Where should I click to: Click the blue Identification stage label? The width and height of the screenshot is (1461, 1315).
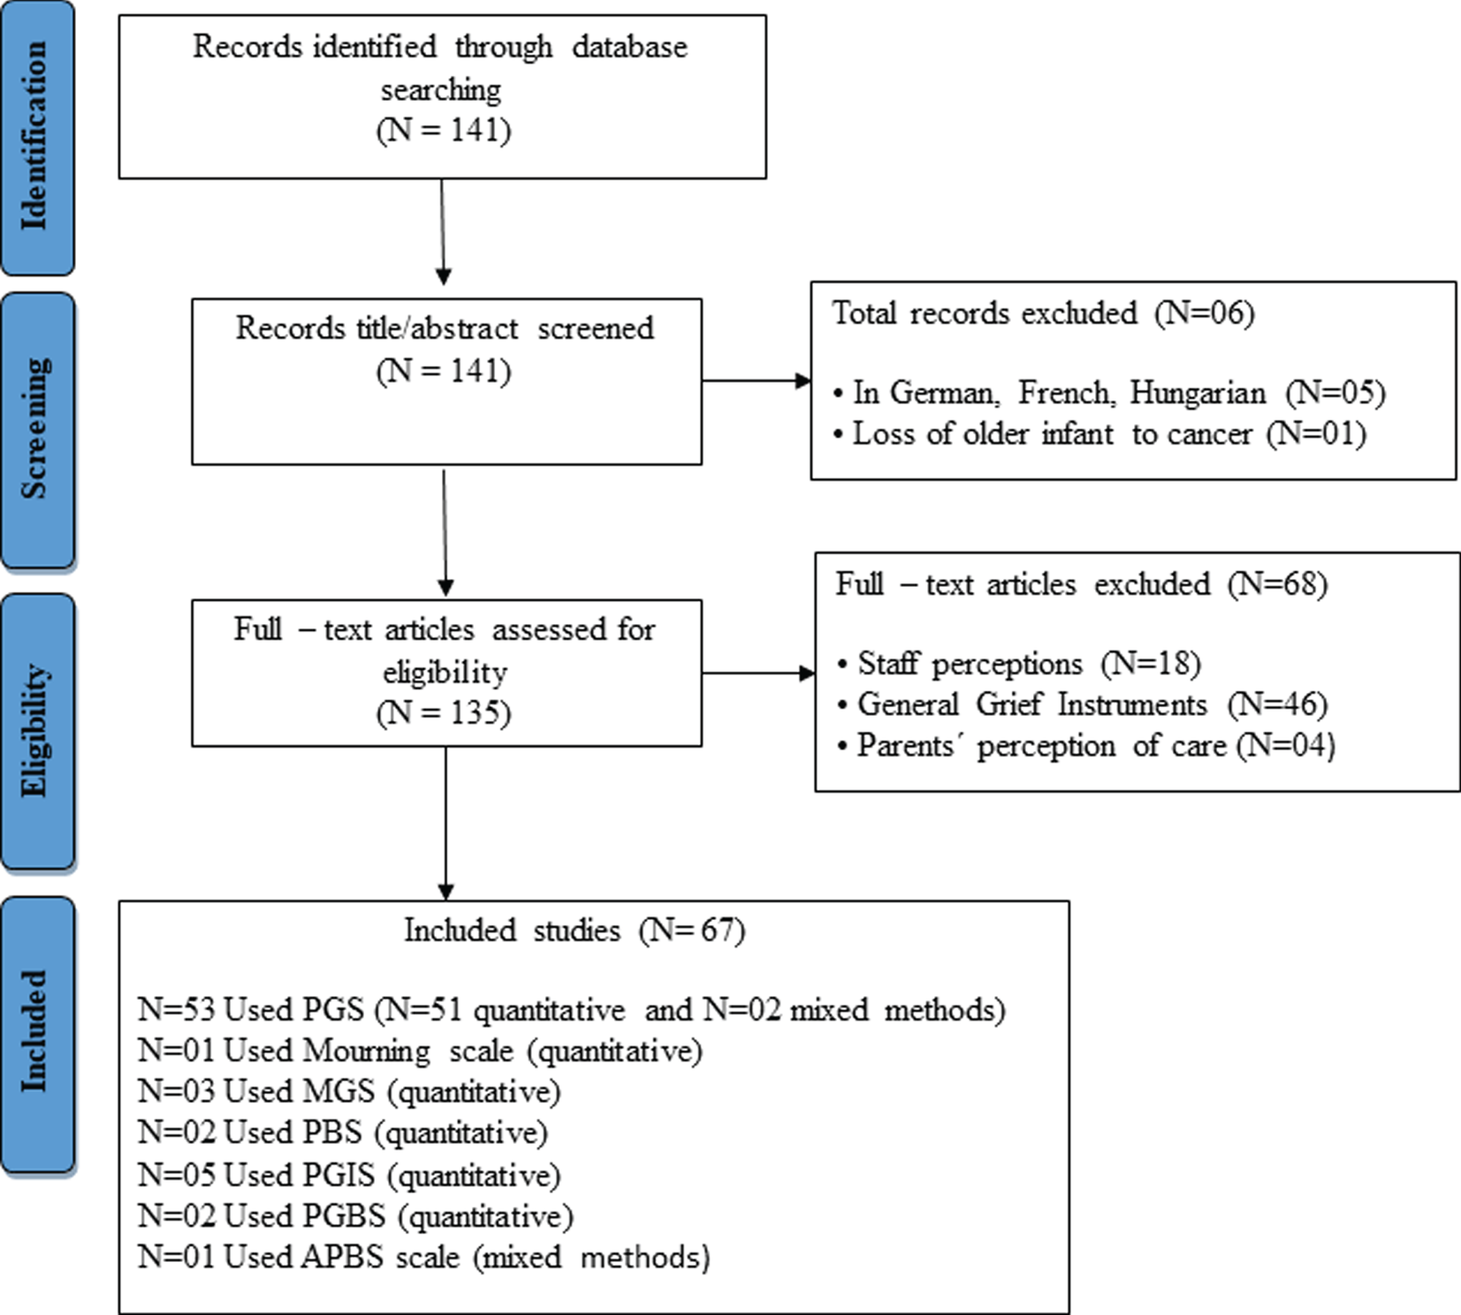tap(37, 137)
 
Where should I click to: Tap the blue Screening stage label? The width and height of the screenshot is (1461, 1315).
tap(37, 430)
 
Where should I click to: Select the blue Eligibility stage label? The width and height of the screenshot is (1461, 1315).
tap(37, 731)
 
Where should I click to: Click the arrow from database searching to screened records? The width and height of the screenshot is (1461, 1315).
tap(443, 232)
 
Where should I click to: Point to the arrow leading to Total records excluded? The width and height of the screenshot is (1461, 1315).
tap(756, 381)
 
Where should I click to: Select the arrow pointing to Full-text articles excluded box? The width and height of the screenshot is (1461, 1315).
tap(757, 673)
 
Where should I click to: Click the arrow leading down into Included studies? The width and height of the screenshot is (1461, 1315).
tap(445, 822)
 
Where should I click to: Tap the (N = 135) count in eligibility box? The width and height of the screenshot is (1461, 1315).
tap(444, 712)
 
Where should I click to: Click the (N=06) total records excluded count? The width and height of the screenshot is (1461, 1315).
tap(1204, 313)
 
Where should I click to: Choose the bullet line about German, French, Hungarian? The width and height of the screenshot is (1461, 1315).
tap(1109, 392)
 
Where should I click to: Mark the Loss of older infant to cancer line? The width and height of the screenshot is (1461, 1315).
tap(1100, 434)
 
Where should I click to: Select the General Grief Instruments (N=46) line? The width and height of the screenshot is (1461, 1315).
tap(1083, 704)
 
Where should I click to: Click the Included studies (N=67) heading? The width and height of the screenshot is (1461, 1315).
tap(575, 931)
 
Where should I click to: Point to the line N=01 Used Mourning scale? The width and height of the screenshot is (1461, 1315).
tap(420, 1051)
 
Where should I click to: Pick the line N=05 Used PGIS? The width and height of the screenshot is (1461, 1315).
tap(349, 1175)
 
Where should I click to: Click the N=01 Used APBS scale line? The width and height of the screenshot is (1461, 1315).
tap(424, 1257)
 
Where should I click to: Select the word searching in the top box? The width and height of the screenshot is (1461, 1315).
tap(441, 89)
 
